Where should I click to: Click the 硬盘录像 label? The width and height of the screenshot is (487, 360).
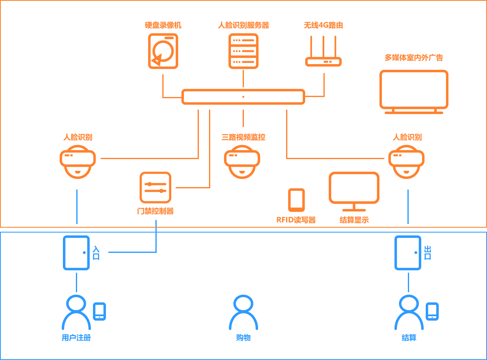[162, 25]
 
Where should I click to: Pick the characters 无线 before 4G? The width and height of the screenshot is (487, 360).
[312, 25]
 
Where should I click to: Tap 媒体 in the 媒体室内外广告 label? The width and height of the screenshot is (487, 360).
[399, 58]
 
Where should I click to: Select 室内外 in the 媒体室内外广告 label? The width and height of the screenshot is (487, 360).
[417, 58]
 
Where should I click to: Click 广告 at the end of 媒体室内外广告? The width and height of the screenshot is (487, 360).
[435, 58]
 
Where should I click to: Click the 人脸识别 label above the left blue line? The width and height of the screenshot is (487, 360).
[78, 137]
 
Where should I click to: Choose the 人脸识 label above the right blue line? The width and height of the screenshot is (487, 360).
[407, 137]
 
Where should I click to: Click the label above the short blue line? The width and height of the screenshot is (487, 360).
[156, 211]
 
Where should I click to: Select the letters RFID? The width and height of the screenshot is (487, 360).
[286, 220]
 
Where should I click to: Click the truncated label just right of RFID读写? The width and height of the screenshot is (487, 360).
[354, 220]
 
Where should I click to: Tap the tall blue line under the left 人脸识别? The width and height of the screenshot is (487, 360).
[77, 206]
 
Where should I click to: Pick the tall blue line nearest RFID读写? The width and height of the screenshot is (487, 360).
[407, 206]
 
